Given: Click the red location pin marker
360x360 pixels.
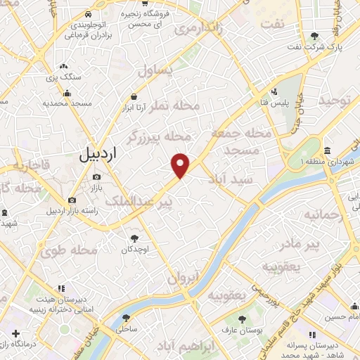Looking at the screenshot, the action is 181,165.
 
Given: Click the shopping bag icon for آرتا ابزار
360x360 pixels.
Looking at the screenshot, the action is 134,98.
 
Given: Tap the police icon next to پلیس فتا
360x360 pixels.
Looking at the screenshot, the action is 276,92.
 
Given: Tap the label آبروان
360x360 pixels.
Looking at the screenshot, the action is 185,277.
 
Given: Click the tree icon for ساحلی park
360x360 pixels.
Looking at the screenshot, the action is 127,317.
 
